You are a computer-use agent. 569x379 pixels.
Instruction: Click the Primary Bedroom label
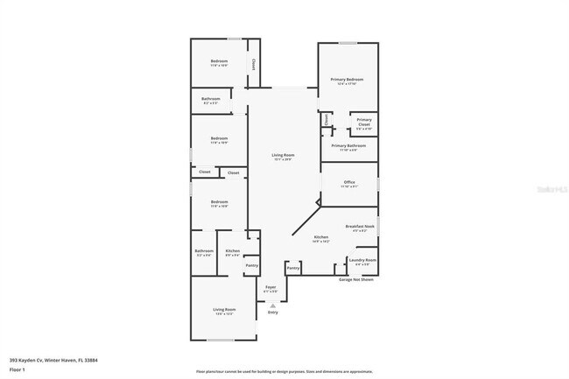click(347, 80)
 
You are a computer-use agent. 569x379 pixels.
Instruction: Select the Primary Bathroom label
click(349, 145)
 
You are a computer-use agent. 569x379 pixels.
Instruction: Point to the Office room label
click(349, 182)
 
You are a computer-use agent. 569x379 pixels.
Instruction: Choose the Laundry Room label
click(362, 260)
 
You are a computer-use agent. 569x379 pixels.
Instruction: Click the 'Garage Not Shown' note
click(356, 279)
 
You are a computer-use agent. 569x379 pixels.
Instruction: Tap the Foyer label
click(270, 286)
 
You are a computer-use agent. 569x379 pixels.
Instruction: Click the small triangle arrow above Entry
click(272, 305)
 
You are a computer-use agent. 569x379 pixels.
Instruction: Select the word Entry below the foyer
click(272, 312)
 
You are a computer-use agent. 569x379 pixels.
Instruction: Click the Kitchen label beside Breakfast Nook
click(320, 237)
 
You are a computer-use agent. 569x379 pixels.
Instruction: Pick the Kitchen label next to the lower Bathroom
click(232, 251)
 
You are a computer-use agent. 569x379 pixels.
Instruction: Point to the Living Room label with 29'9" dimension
click(283, 155)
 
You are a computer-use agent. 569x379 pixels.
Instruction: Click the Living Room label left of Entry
click(225, 309)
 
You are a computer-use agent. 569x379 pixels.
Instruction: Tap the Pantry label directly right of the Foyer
click(293, 267)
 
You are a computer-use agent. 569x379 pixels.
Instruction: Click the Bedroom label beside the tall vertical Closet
click(219, 60)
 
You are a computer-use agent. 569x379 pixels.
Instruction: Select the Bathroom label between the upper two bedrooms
click(211, 99)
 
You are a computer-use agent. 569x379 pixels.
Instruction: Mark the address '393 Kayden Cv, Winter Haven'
click(47, 359)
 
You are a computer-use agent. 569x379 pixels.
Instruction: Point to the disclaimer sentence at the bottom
click(284, 372)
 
